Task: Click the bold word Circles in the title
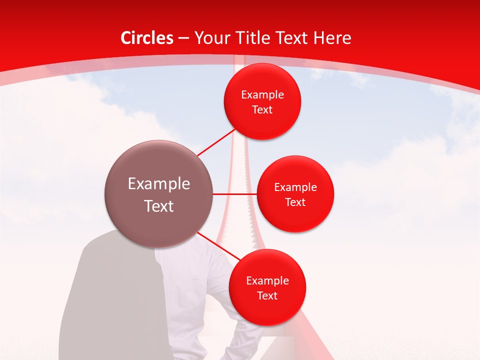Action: click(x=147, y=38)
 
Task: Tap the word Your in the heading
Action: click(x=210, y=38)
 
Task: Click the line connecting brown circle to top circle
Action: click(x=216, y=142)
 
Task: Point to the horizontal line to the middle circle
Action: click(x=235, y=194)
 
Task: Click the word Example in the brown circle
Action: click(x=159, y=184)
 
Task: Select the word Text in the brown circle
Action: click(x=159, y=206)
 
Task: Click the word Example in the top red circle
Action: click(x=262, y=95)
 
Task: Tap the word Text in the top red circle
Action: click(x=262, y=110)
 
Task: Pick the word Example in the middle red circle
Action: click(x=295, y=187)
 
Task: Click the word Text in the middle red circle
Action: click(x=295, y=202)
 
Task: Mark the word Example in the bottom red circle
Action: click(x=267, y=281)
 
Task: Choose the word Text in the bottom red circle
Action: click(x=267, y=296)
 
